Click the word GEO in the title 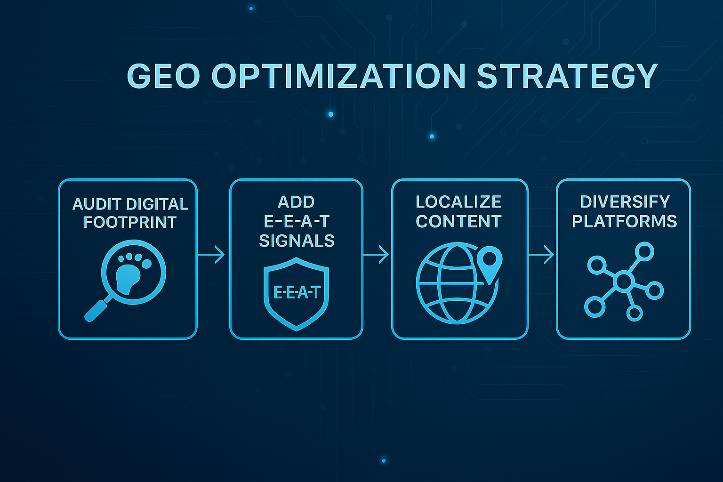tap(164, 76)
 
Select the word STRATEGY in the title tap(567, 76)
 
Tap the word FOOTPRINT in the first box tap(130, 222)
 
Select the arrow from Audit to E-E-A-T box tap(211, 255)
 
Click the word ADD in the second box tap(296, 202)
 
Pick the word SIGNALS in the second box tap(297, 241)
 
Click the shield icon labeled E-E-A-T tap(297, 293)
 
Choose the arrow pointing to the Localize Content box tap(376, 255)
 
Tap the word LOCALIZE tap(458, 202)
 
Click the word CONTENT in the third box tap(458, 221)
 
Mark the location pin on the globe tap(490, 262)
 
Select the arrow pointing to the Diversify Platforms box tap(541, 255)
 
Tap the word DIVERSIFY tap(625, 202)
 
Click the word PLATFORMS tap(624, 221)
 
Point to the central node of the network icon tap(623, 281)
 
